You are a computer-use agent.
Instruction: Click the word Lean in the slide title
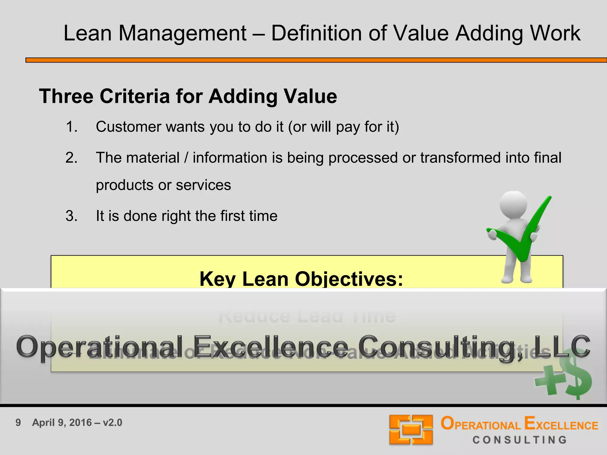point(88,33)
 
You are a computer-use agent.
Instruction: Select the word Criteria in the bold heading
point(135,96)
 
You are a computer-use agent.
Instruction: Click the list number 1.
point(71,127)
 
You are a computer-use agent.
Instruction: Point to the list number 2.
point(71,158)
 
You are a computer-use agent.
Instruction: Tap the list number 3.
point(71,216)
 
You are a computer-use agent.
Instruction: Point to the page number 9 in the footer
point(18,423)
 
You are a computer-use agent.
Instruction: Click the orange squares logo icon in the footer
point(411,430)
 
